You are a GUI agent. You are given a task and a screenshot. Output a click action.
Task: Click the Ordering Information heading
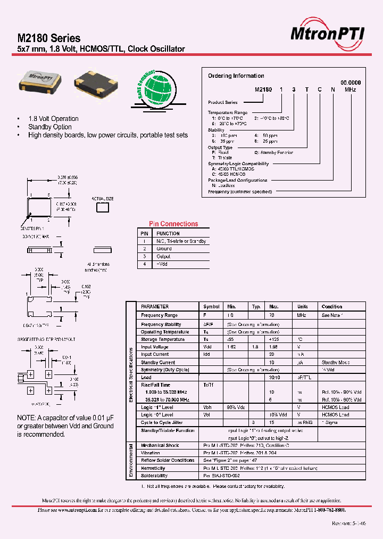click(236, 76)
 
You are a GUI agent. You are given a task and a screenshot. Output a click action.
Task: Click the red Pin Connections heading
click(173, 224)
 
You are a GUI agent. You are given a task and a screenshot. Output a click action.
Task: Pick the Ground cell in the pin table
click(164, 249)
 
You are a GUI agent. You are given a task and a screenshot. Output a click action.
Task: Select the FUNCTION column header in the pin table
click(168, 233)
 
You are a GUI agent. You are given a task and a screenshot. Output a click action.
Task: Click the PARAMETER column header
click(155, 307)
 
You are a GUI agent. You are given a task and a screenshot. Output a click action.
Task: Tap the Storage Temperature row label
click(163, 339)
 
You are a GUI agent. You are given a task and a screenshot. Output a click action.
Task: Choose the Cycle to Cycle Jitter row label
click(161, 422)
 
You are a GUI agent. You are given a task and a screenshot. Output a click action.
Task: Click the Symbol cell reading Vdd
click(207, 346)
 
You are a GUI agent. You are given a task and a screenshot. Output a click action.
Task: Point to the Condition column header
click(332, 307)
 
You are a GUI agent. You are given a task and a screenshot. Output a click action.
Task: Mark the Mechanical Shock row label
click(160, 445)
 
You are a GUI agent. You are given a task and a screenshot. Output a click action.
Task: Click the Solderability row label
click(154, 476)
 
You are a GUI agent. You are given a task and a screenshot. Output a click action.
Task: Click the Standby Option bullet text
click(49, 127)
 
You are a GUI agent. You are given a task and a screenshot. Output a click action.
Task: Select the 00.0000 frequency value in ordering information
click(351, 83)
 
